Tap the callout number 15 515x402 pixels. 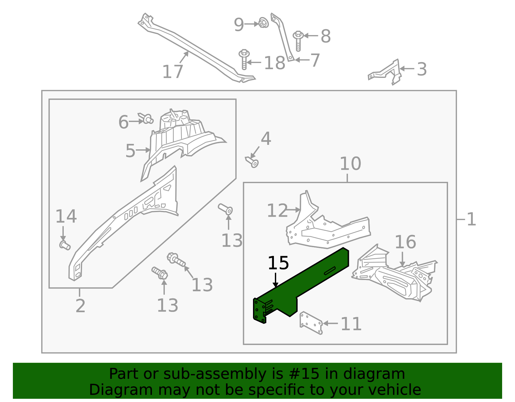(278, 263)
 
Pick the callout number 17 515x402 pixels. (173, 72)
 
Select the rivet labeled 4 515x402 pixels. (253, 162)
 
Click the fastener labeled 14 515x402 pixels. (65, 245)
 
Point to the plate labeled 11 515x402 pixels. (311, 323)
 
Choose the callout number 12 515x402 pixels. (277, 211)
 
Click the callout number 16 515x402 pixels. (405, 242)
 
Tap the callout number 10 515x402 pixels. (350, 164)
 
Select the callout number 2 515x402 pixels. (80, 306)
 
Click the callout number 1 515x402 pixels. (471, 220)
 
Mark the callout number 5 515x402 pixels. (130, 151)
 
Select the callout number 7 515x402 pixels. (315, 60)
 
